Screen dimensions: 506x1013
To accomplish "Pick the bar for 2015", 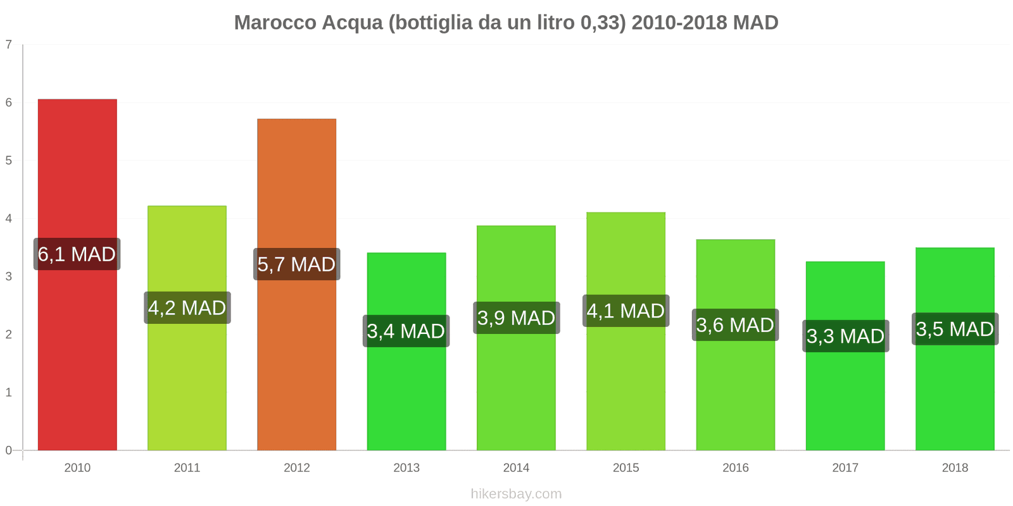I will [x=626, y=379].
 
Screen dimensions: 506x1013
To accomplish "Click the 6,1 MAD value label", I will [x=77, y=254].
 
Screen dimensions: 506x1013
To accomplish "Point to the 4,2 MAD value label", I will [x=187, y=308].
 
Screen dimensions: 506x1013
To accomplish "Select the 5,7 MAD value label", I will [x=296, y=264].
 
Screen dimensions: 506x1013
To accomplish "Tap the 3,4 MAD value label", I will [x=406, y=331].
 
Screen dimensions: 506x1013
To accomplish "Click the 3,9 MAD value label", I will [x=516, y=318].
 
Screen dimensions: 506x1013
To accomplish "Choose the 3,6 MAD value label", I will [x=735, y=325].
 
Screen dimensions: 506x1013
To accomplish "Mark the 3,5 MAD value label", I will [x=955, y=329].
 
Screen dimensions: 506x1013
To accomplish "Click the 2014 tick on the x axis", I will [x=516, y=467].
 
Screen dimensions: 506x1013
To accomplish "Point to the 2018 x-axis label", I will [x=955, y=467].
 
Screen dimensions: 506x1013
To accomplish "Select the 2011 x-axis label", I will [x=187, y=467].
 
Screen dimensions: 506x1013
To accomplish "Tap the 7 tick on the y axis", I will [x=9, y=44].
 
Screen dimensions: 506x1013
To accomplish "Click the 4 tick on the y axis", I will [x=9, y=218].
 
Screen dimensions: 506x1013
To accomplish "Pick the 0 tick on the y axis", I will [x=9, y=450].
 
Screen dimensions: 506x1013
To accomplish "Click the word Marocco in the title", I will [x=275, y=23].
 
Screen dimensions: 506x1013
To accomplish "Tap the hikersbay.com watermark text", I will [x=516, y=494].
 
